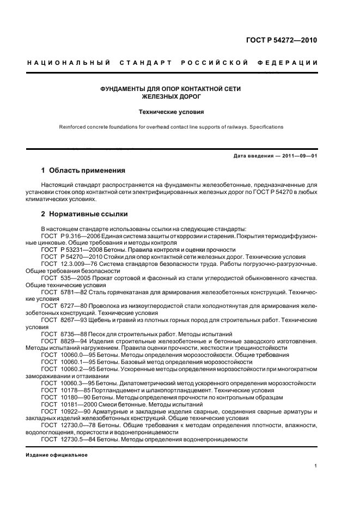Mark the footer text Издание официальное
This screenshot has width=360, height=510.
pyautogui.click(x=57, y=455)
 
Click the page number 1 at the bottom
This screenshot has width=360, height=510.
pyautogui.click(x=316, y=466)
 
